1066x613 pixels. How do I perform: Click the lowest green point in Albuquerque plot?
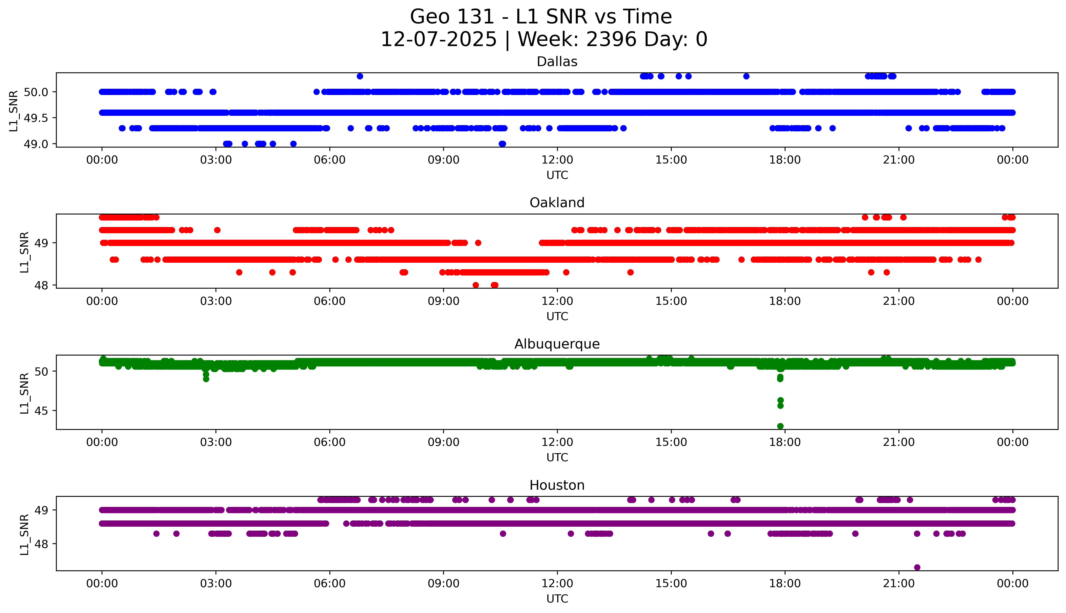(x=780, y=426)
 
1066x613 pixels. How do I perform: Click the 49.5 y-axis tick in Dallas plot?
(x=36, y=118)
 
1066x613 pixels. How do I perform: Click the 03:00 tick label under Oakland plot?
(x=216, y=301)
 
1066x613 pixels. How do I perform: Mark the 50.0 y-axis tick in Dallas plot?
(x=36, y=92)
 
